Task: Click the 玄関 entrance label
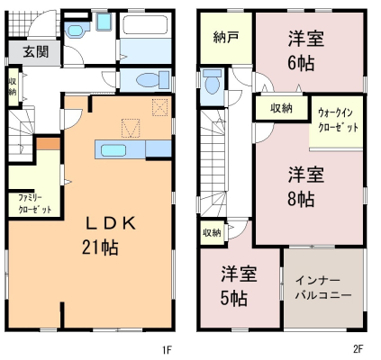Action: point(36,52)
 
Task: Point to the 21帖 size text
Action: point(100,247)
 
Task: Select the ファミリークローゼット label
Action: point(34,203)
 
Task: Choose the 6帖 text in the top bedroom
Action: point(301,63)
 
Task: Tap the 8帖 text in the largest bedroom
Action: point(301,199)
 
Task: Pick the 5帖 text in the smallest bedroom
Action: point(234,298)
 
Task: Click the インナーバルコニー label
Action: point(323,288)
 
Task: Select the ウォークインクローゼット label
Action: point(338,121)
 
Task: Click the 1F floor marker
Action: point(167,349)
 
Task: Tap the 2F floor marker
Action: point(358,349)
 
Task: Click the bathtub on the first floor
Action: point(146,25)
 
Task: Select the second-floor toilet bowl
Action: point(212,85)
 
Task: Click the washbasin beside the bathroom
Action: point(76,31)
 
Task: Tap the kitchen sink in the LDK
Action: point(113,150)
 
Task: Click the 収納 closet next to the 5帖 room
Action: point(213,232)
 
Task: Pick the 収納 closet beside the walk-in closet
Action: point(281,108)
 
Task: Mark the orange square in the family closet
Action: point(49,144)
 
